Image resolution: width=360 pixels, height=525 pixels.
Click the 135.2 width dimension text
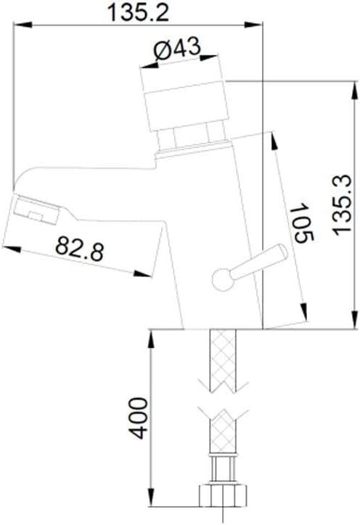click(138, 12)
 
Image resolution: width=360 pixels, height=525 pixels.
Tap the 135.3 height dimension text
click(342, 204)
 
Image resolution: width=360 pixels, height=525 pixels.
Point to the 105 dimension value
click(303, 222)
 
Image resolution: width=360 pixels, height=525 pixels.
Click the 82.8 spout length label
click(80, 248)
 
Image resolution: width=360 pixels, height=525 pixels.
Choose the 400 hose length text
click(139, 418)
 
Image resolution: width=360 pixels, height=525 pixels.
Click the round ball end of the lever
click(223, 280)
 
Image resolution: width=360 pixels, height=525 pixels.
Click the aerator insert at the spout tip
click(36, 210)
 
